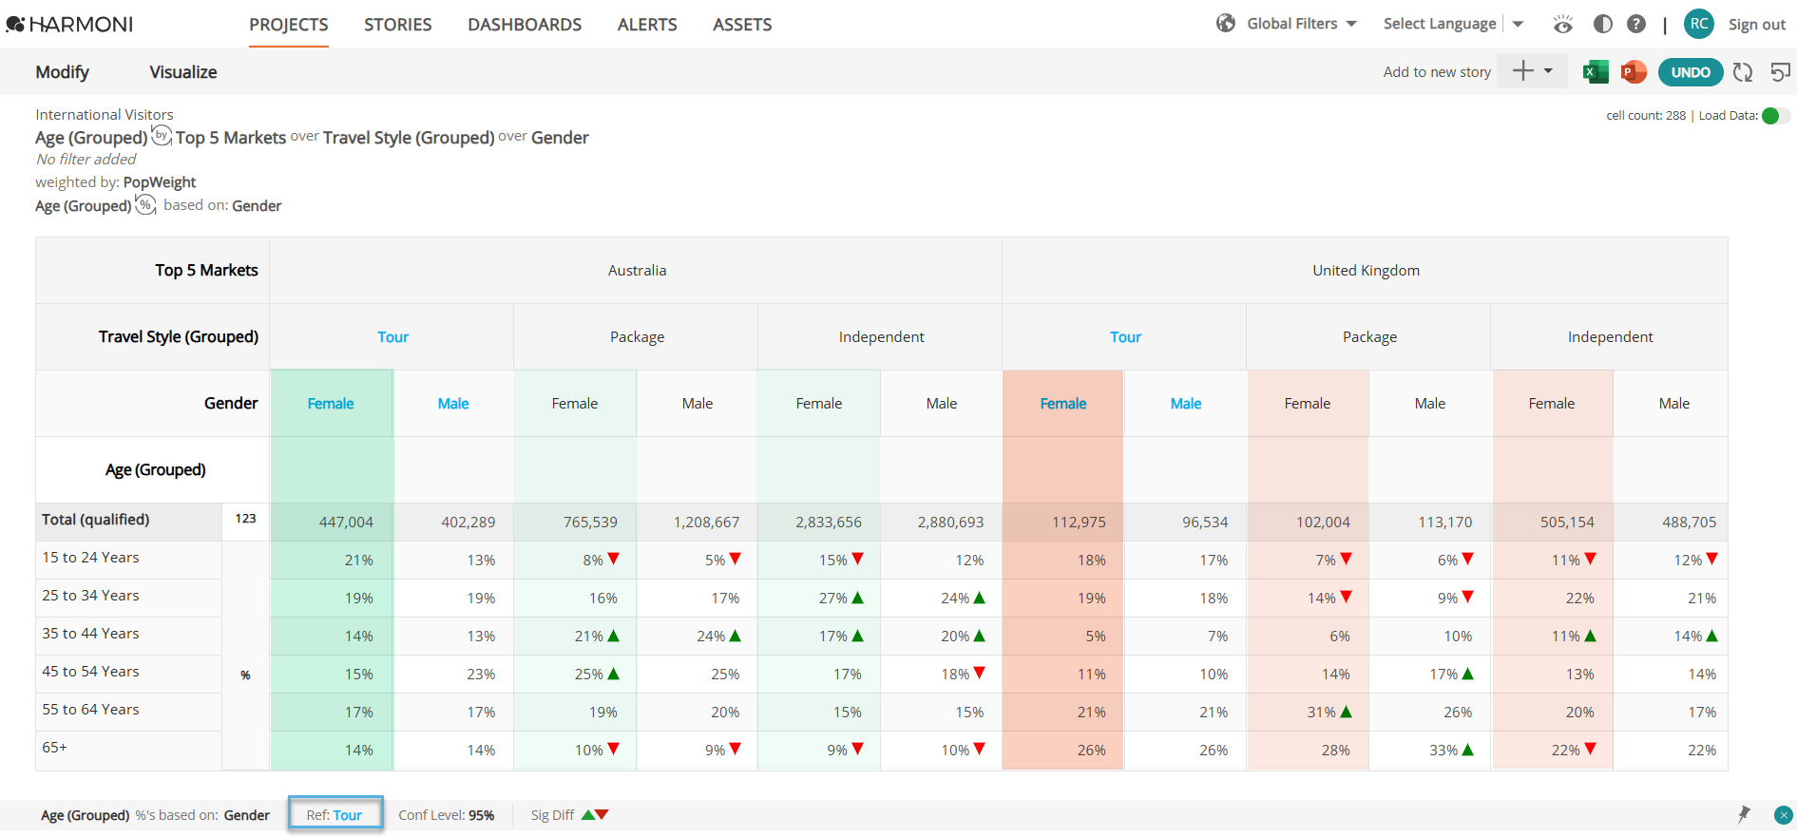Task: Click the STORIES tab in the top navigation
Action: tap(397, 25)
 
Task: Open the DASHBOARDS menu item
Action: tap(525, 25)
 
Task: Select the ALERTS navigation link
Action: tap(647, 25)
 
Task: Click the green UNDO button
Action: tap(1691, 72)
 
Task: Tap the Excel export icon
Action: tap(1596, 72)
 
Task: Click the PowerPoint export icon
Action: tap(1634, 72)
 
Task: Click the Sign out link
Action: tap(1757, 25)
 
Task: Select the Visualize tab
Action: tap(183, 72)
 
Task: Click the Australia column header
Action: tap(637, 271)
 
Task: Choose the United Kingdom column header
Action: tap(1366, 271)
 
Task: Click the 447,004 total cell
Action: tap(346, 523)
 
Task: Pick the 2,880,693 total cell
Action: tap(950, 523)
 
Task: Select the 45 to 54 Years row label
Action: tap(90, 672)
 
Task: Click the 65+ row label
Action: tap(55, 748)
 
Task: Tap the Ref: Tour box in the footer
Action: tap(335, 815)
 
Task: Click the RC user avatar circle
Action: tap(1699, 24)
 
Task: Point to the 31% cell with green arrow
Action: tap(1329, 713)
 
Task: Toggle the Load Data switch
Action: tap(1775, 116)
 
